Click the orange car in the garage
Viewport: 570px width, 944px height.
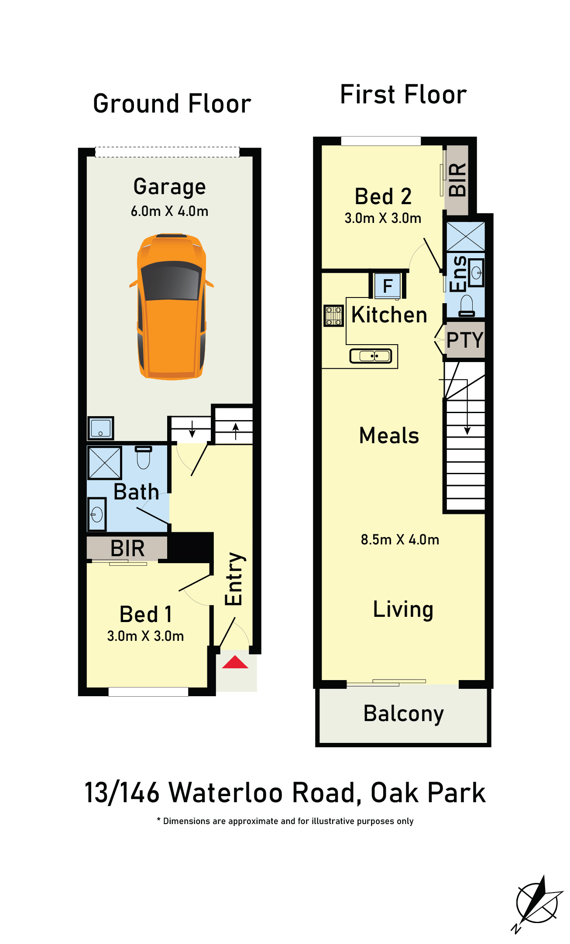click(x=172, y=307)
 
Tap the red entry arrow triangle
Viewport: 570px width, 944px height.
click(x=235, y=662)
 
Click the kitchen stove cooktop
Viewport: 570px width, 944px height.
click(x=334, y=315)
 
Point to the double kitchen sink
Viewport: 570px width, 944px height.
click(x=371, y=356)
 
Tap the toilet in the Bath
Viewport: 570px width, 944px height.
click(x=144, y=457)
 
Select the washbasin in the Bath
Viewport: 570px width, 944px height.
click(x=97, y=514)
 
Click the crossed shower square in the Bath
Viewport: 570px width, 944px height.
click(x=105, y=462)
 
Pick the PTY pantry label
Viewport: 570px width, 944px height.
click(x=465, y=340)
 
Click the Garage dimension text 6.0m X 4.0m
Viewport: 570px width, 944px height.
click(x=169, y=211)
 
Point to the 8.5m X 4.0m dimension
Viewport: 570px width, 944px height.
click(x=400, y=540)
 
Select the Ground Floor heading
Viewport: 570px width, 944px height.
click(x=172, y=104)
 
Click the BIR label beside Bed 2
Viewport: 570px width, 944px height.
click(x=457, y=179)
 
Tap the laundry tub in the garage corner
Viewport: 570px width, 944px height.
click(x=101, y=428)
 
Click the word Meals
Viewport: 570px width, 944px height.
click(x=389, y=435)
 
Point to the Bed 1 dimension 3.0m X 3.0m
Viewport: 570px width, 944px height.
click(x=145, y=636)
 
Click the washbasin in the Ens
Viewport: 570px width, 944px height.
click(x=476, y=273)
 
